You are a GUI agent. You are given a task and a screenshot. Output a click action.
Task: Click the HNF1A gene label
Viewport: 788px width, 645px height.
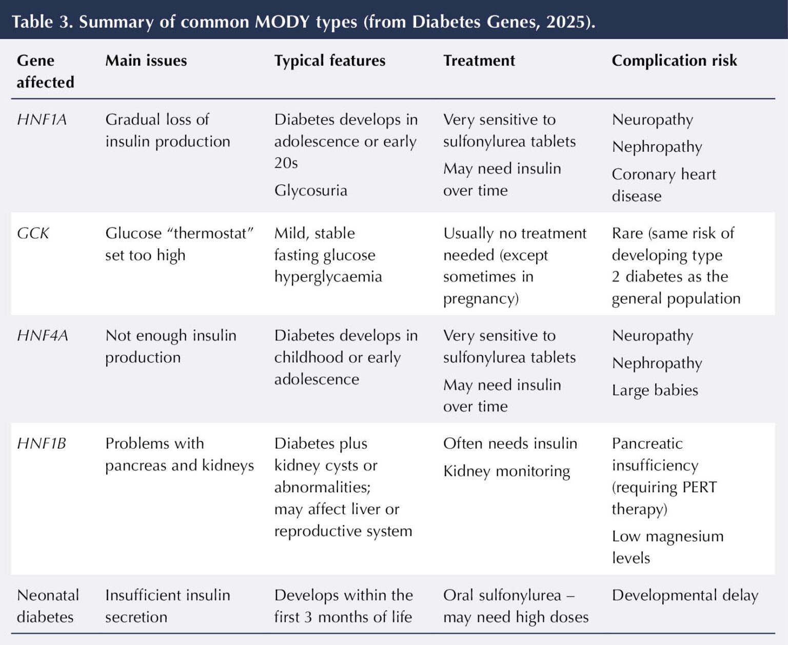[x=42, y=119]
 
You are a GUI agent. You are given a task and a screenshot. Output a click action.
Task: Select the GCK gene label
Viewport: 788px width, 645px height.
[x=33, y=233]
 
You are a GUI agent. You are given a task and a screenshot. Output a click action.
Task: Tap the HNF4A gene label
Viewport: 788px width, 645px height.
[x=43, y=335]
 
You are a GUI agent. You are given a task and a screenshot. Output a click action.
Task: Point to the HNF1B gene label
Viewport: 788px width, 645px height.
[x=42, y=444]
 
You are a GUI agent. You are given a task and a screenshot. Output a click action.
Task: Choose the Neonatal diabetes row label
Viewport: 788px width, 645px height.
[x=48, y=606]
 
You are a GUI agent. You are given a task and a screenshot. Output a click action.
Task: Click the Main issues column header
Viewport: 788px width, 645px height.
[x=146, y=61]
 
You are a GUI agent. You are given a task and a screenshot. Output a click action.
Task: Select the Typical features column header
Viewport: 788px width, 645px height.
[x=330, y=61]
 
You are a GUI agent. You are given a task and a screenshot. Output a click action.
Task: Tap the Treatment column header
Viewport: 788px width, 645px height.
[x=479, y=61]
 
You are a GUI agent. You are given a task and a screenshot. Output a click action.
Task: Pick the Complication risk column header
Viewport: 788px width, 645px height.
[x=674, y=61]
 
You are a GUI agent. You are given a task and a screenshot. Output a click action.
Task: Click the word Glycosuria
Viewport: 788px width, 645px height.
[x=311, y=190]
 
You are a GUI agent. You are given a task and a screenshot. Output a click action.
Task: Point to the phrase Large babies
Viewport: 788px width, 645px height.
[x=655, y=390]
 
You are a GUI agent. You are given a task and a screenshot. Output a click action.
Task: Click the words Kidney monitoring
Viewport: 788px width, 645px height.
[x=507, y=471]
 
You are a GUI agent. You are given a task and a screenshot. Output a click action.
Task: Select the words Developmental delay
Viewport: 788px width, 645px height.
[x=685, y=595]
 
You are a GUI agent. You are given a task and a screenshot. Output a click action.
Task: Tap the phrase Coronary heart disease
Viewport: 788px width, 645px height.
[x=664, y=185]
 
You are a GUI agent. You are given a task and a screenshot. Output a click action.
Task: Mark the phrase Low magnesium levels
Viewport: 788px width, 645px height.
[x=667, y=547]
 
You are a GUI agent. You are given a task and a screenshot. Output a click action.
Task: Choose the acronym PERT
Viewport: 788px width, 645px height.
[x=700, y=487]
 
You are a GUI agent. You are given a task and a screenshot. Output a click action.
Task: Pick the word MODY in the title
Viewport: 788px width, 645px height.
[x=282, y=22]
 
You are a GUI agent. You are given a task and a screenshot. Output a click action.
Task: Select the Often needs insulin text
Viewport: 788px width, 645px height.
[x=510, y=444]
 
